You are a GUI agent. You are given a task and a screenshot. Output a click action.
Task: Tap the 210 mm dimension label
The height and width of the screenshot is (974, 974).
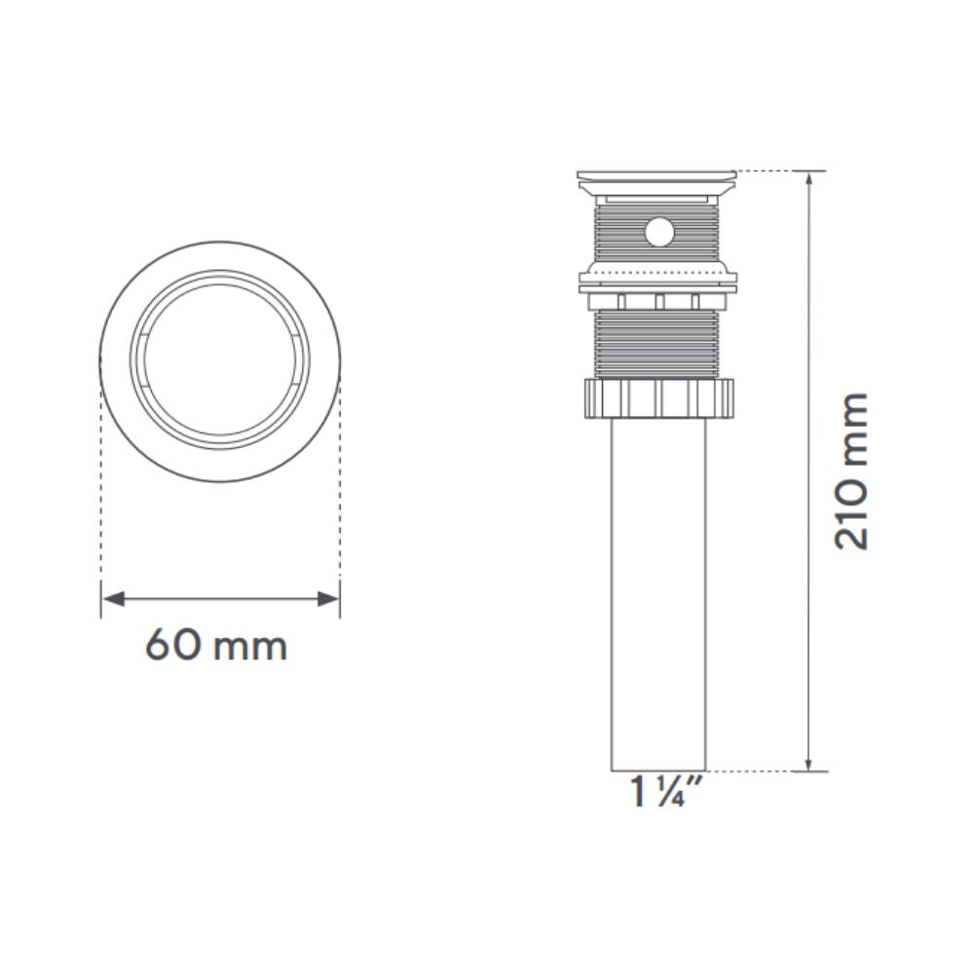(x=851, y=470)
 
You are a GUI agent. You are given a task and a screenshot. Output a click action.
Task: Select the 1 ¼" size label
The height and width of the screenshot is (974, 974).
(x=657, y=791)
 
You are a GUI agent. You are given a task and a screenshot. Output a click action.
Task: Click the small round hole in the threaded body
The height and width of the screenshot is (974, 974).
(x=659, y=232)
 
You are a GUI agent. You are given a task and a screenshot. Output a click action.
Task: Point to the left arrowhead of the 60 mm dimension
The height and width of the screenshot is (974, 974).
(x=113, y=599)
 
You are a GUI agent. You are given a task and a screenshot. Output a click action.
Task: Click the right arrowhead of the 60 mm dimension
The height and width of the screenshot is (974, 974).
(x=328, y=599)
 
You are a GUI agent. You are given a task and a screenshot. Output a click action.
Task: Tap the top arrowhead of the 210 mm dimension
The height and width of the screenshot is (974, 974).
(x=808, y=179)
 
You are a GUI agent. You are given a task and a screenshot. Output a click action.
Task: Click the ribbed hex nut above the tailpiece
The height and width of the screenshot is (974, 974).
(x=659, y=398)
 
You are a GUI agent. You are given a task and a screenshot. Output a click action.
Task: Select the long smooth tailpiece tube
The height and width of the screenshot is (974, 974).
(x=658, y=594)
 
